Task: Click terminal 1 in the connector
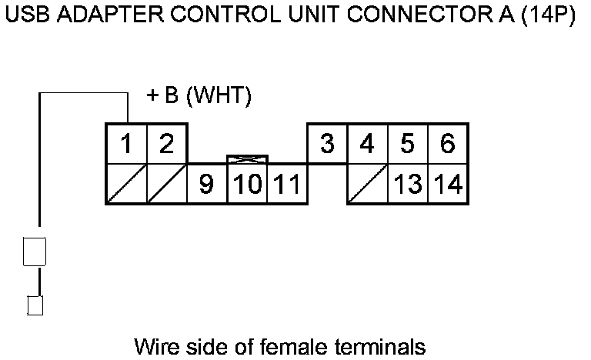point(126,144)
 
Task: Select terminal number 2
point(166,144)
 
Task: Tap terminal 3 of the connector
point(327,144)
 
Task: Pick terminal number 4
point(367,144)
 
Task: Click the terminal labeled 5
point(407,144)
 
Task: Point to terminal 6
point(447,144)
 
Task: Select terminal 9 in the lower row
point(206,185)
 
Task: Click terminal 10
point(247,185)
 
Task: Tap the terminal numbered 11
point(286,185)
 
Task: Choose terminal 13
point(407,185)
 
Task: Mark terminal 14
point(447,185)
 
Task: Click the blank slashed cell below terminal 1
point(126,185)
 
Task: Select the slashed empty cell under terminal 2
point(166,185)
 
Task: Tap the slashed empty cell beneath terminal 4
point(367,185)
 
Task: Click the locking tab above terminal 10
point(247,159)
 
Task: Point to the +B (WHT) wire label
point(199,95)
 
